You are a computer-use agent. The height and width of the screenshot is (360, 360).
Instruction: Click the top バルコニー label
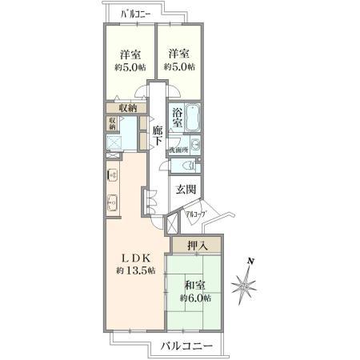pos(137,14)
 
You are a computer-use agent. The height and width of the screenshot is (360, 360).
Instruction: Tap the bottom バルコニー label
pos(185,346)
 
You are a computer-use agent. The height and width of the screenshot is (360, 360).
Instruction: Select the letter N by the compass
pos(251,261)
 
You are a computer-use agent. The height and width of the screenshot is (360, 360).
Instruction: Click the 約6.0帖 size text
pos(194,298)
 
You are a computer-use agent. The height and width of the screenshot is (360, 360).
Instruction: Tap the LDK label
pos(135,257)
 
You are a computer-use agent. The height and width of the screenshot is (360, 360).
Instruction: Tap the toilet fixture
pos(188,166)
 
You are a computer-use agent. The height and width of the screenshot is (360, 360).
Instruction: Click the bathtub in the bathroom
pos(192,117)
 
